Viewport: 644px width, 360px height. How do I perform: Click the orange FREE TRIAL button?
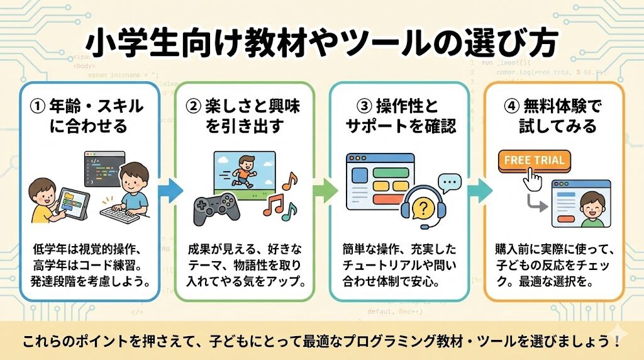tap(534, 160)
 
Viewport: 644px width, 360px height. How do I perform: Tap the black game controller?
tap(217, 206)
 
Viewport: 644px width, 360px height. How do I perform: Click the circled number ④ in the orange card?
tap(512, 106)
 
